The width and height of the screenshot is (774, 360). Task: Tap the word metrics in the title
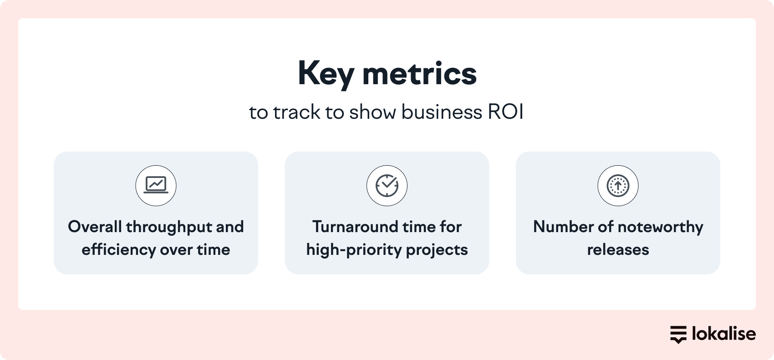tap(419, 74)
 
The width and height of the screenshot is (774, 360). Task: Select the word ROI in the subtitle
tap(505, 112)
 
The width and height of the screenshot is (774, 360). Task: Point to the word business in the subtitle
tap(442, 112)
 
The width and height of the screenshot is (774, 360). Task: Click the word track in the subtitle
tap(296, 112)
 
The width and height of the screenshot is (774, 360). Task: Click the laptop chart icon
tap(156, 185)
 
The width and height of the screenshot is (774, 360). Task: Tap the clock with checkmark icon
tap(387, 186)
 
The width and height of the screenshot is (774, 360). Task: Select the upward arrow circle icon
tap(618, 186)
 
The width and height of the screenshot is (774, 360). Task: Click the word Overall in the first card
tap(95, 227)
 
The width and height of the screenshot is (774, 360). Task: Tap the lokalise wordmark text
tap(724, 334)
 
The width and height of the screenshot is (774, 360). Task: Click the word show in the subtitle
tap(372, 112)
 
